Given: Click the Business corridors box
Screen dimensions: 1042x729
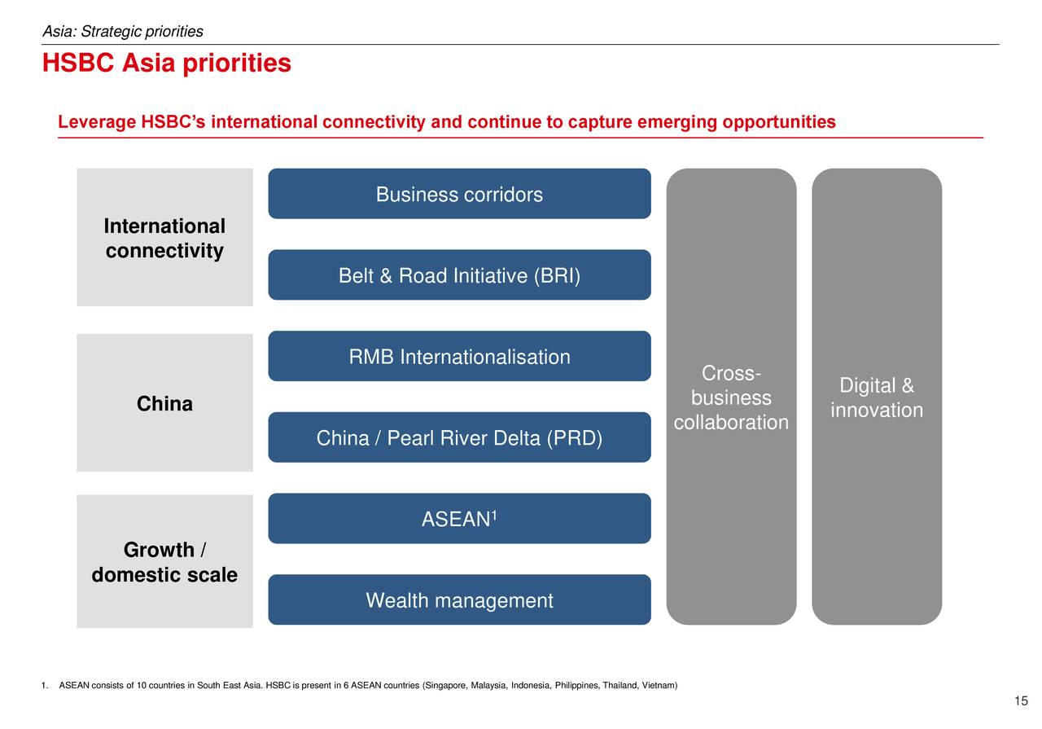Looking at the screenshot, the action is point(460,194).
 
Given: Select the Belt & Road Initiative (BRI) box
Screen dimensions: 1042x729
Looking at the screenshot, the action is point(460,274).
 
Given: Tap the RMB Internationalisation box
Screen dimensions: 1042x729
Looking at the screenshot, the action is point(460,356).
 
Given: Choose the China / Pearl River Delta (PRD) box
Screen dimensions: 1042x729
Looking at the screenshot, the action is point(460,437).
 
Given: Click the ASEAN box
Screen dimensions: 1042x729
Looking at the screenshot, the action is point(460,519).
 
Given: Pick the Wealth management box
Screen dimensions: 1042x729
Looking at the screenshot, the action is point(460,599).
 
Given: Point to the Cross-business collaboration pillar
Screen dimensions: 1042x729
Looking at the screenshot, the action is point(731,397).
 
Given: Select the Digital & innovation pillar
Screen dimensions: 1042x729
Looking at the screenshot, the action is point(877,397).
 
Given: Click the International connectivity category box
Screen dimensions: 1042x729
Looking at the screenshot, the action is point(164,237).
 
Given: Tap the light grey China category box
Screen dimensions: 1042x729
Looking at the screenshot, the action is point(164,402).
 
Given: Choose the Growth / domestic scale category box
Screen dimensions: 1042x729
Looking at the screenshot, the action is point(164,561).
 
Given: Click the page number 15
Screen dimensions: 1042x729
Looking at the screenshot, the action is point(1021,700).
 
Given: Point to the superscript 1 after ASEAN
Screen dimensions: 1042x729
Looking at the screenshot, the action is point(494,515).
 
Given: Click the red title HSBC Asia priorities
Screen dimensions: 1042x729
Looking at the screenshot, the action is point(167,63).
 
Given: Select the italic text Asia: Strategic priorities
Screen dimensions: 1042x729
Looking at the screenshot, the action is point(123,31).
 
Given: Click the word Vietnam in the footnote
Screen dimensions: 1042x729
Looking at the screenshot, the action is point(659,685).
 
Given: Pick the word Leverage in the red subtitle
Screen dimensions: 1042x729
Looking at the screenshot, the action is point(97,122).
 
